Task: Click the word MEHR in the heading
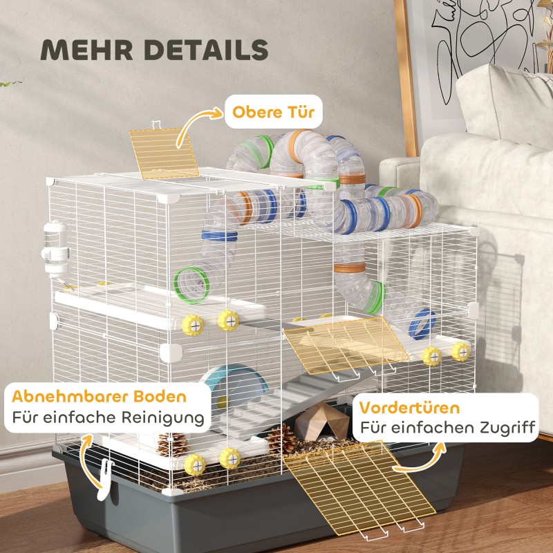87,50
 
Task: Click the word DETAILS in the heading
206,50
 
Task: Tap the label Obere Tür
273,112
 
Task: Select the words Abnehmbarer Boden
99,396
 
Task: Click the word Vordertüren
409,408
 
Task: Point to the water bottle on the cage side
55,250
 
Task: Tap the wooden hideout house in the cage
321,422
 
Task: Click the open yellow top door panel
164,153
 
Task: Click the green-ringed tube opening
191,285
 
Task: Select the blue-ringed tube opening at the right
422,324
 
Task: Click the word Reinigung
163,418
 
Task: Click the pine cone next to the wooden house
281,439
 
